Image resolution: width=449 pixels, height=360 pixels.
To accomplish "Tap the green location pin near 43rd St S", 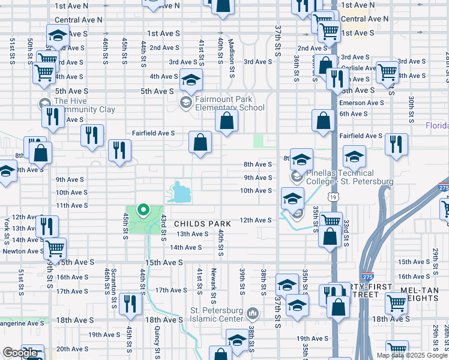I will (143, 211).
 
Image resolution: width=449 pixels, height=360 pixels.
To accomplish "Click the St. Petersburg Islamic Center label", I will (217, 314).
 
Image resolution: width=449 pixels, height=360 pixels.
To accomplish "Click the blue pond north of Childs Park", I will (180, 193).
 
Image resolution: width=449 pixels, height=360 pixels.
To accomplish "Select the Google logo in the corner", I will (20, 353).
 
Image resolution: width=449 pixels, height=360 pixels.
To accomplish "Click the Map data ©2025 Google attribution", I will (412, 355).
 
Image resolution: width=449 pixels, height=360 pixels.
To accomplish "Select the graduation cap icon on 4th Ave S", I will (191, 80).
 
